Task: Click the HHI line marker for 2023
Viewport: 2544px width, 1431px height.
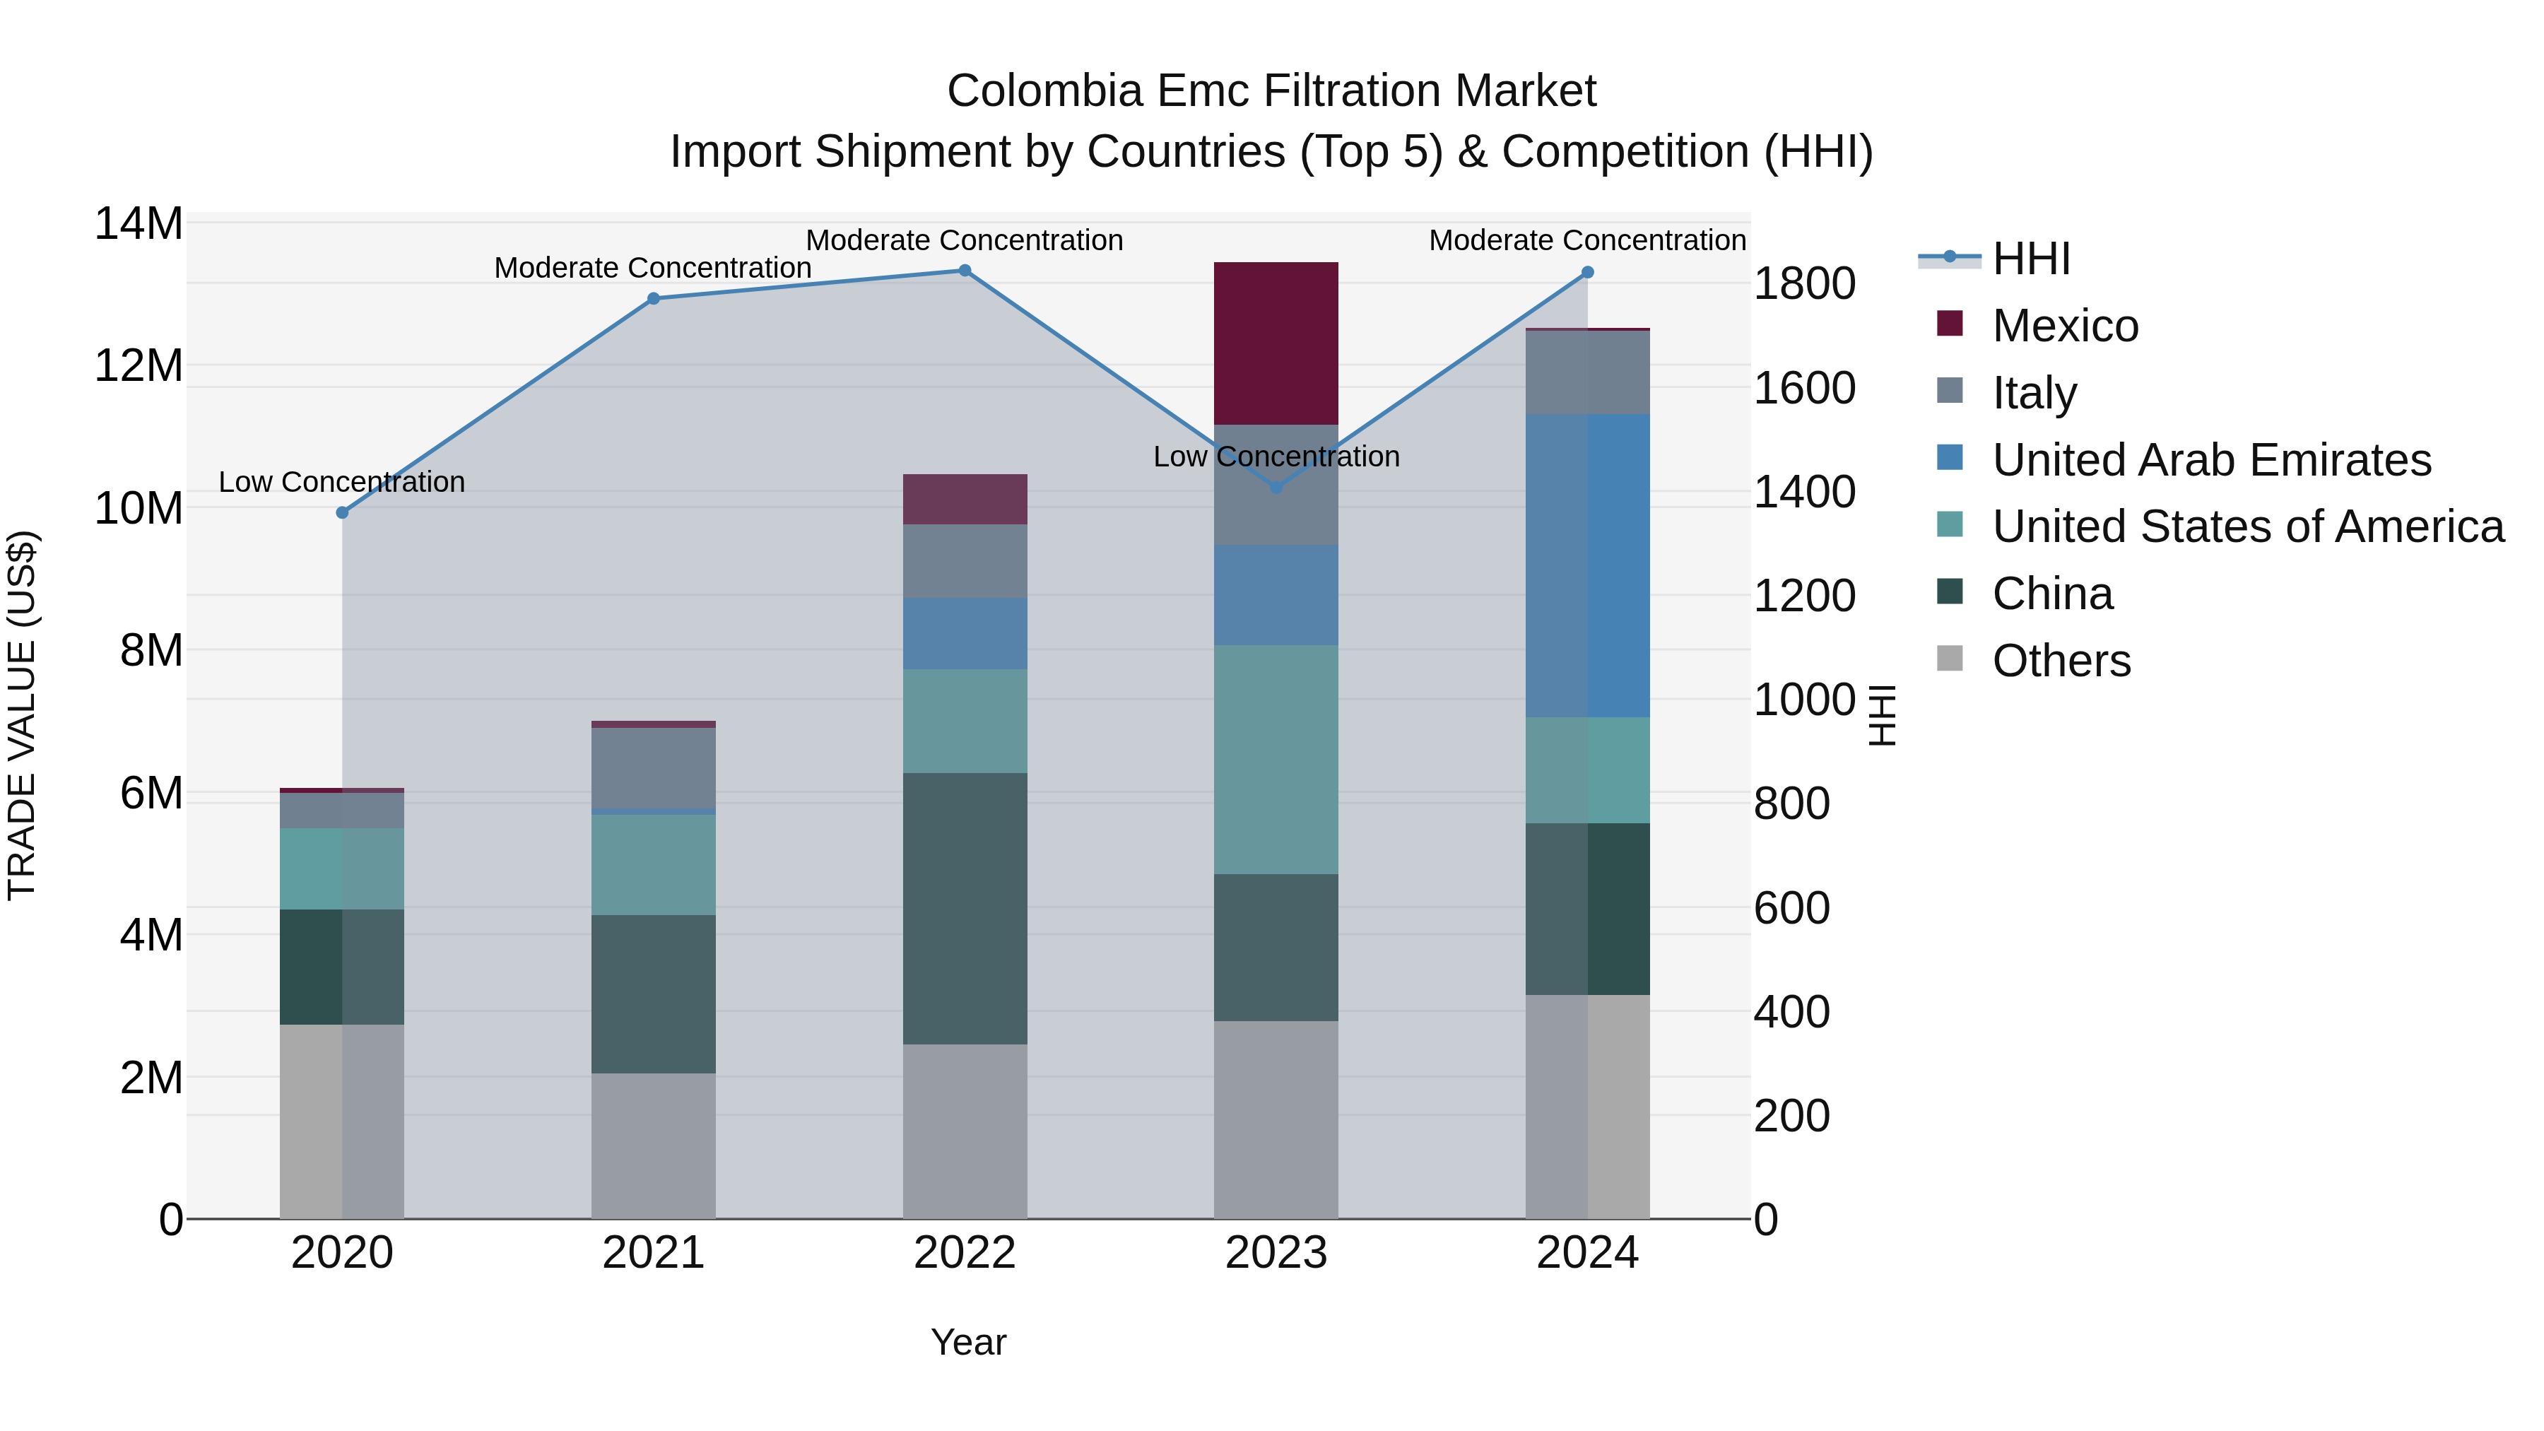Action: [1276, 487]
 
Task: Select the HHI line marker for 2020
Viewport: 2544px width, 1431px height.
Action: [343, 512]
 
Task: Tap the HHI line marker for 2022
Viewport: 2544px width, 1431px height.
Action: [965, 271]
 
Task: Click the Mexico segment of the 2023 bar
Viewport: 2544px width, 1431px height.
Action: [1276, 343]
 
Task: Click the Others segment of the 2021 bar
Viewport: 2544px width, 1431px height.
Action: [653, 1146]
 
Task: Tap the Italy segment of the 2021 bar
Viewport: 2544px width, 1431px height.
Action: [653, 767]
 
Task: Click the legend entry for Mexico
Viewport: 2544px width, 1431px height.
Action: [2065, 326]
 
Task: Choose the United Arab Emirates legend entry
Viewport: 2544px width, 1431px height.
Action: [2211, 460]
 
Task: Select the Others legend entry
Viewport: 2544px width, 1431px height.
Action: [2061, 661]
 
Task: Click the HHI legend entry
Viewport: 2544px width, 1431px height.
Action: [2030, 259]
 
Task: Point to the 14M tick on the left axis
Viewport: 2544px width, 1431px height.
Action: [139, 224]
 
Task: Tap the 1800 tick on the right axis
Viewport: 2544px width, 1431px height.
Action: [1803, 284]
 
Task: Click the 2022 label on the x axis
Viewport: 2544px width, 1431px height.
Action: [965, 1253]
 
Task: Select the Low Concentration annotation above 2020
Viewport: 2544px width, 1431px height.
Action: [342, 482]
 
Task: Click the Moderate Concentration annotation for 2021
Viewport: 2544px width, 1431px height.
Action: [653, 268]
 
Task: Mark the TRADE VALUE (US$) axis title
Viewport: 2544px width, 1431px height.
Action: [22, 715]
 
